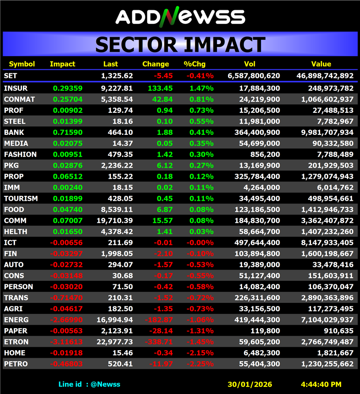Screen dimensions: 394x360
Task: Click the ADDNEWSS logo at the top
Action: click(x=180, y=16)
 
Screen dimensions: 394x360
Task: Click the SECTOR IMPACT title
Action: click(x=180, y=45)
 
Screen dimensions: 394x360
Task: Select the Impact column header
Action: click(x=63, y=64)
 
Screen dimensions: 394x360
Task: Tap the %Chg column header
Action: click(x=193, y=64)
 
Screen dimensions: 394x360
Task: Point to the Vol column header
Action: click(x=250, y=64)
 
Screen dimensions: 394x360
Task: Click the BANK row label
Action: click(x=14, y=132)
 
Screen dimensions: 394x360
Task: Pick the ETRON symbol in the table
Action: click(x=16, y=342)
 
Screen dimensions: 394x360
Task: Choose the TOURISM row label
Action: click(x=21, y=199)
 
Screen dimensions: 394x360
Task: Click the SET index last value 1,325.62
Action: click(x=117, y=76)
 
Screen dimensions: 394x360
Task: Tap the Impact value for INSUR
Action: click(x=64, y=88)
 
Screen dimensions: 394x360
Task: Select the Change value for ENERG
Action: click(x=159, y=320)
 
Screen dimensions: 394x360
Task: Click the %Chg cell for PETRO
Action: click(x=200, y=364)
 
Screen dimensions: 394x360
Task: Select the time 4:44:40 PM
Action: click(x=321, y=384)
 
